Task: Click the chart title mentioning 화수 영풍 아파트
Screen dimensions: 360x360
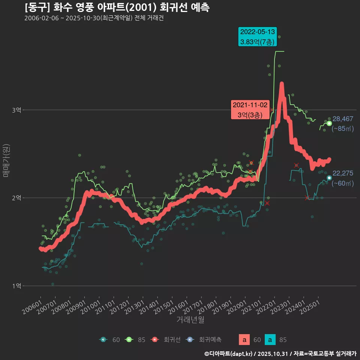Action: (117, 7)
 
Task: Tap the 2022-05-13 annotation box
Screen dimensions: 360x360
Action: (258, 37)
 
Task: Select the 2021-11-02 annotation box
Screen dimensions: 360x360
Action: (250, 110)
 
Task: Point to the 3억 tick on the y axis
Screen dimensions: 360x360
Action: (17, 110)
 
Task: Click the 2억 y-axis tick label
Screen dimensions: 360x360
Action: (17, 198)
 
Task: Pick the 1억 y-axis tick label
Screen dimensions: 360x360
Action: (17, 286)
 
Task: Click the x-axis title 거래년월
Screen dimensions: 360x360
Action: (190, 320)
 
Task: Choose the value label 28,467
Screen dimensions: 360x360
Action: (343, 119)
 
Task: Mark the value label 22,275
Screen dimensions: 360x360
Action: (343, 173)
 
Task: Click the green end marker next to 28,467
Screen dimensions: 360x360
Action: (329, 123)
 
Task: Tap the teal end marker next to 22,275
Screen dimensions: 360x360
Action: (329, 178)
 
